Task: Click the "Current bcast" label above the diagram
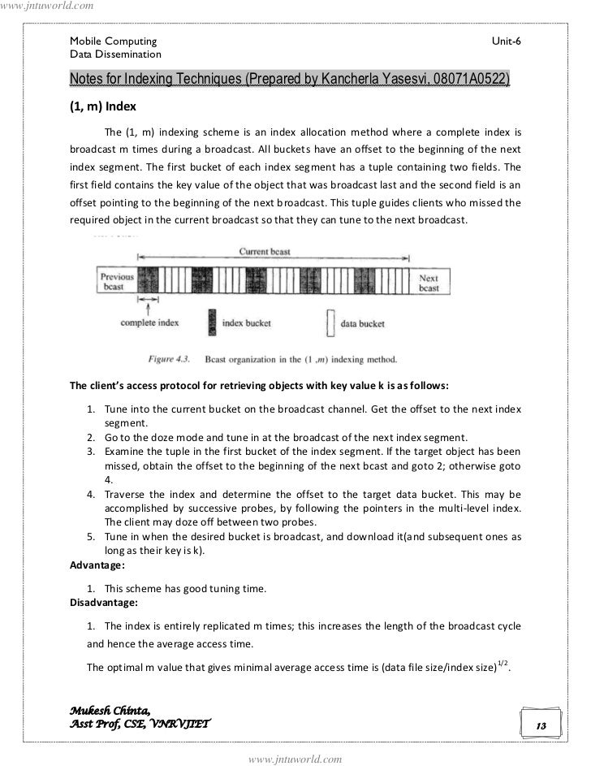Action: (265, 252)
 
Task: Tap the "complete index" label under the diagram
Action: (149, 322)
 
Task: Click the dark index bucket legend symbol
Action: (213, 322)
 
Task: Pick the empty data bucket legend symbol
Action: (330, 322)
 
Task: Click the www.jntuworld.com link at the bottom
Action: (295, 759)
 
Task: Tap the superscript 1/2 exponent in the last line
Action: (503, 662)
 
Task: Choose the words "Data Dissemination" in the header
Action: (115, 54)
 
